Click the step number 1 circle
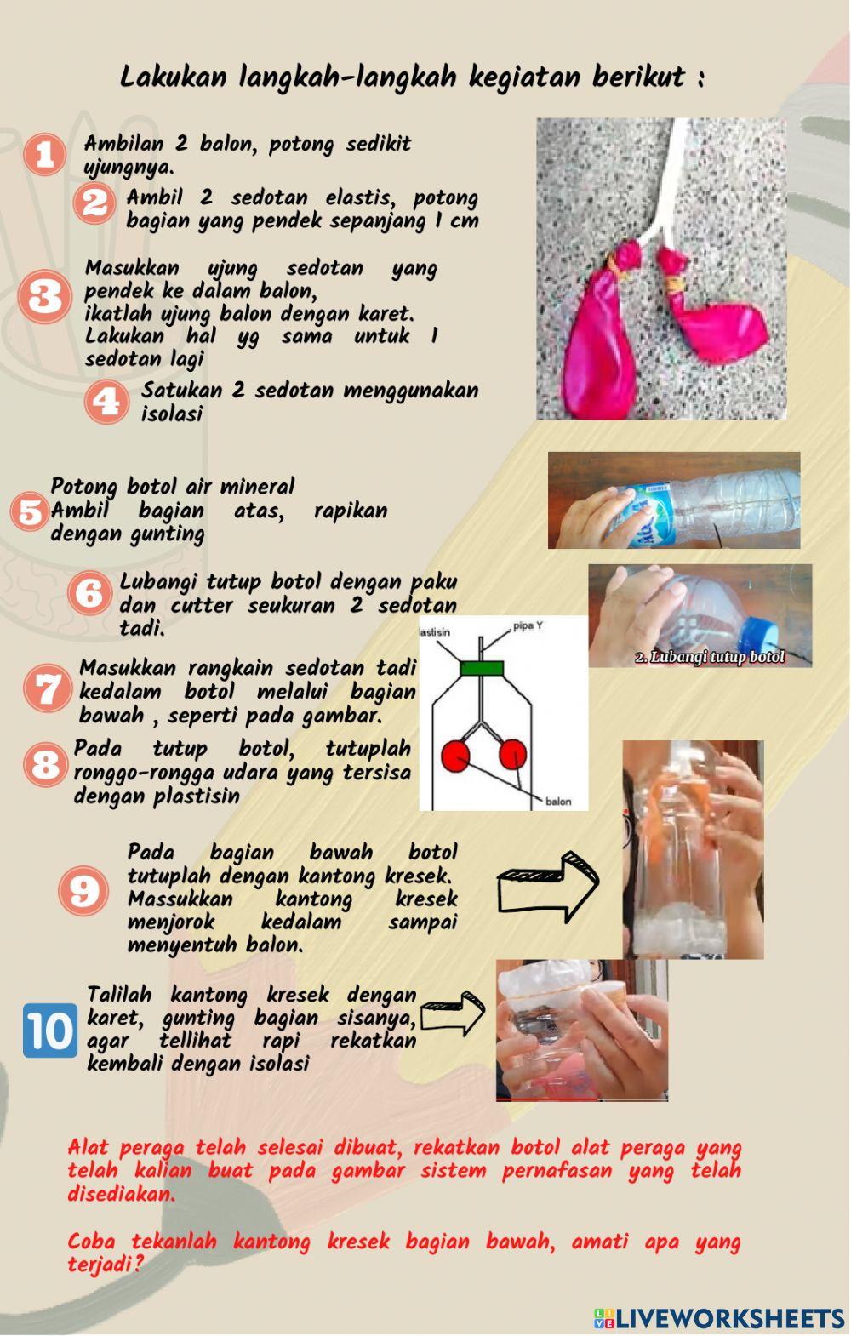pyautogui.click(x=44, y=154)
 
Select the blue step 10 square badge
pyautogui.click(x=49, y=1031)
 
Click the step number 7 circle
pyautogui.click(x=46, y=688)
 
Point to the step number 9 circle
pyautogui.click(x=83, y=891)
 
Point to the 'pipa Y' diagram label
pyautogui.click(x=528, y=626)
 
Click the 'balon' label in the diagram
pyautogui.click(x=558, y=802)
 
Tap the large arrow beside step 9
pyautogui.click(x=549, y=885)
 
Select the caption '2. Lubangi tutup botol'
pyautogui.click(x=710, y=657)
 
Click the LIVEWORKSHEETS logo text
pyautogui.click(x=729, y=1318)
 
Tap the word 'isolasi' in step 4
pyautogui.click(x=172, y=414)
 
